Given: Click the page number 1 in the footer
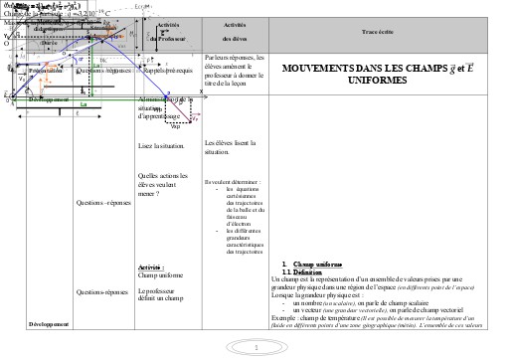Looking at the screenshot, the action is [x=255, y=348].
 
